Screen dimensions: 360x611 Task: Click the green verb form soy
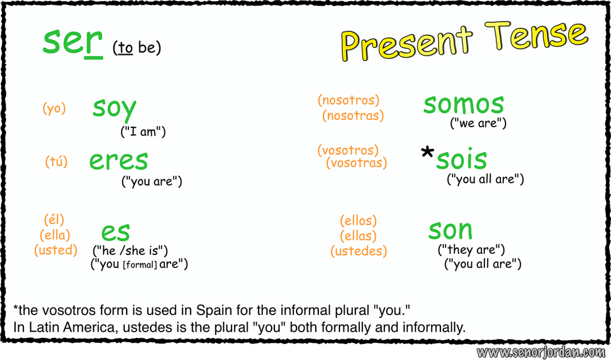114,108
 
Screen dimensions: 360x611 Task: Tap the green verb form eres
118,160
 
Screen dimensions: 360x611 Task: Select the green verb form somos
463,104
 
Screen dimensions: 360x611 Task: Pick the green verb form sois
462,160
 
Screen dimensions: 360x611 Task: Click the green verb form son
450,230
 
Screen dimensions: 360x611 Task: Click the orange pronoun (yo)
54,108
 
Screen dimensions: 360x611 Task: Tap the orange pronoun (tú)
56,162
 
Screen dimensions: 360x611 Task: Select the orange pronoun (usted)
55,250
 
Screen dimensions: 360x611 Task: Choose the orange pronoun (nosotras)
353,116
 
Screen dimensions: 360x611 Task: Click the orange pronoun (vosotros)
348,151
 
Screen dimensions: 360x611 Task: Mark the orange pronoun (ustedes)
358,250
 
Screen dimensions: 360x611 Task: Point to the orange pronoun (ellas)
358,236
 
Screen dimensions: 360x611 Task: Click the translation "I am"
143,132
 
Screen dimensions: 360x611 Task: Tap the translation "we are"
478,123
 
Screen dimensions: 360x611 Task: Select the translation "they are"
471,249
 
